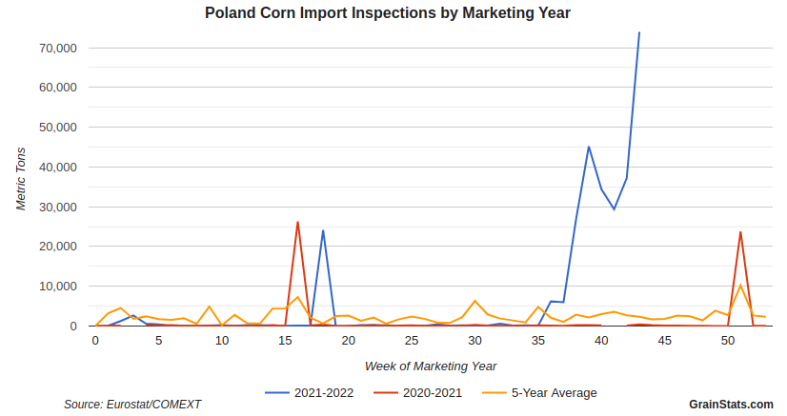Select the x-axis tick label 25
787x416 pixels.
click(412, 341)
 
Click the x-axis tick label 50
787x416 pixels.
click(728, 341)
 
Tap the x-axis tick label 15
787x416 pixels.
click(285, 341)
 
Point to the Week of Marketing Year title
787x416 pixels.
click(431, 366)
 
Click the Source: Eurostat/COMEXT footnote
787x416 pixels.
click(132, 405)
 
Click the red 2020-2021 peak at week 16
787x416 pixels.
click(298, 222)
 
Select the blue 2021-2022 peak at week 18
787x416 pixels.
click(323, 230)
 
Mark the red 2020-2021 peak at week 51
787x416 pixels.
click(740, 232)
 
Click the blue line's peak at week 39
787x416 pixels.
click(589, 147)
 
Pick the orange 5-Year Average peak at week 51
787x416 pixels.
click(740, 286)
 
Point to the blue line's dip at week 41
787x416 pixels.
click(615, 209)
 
